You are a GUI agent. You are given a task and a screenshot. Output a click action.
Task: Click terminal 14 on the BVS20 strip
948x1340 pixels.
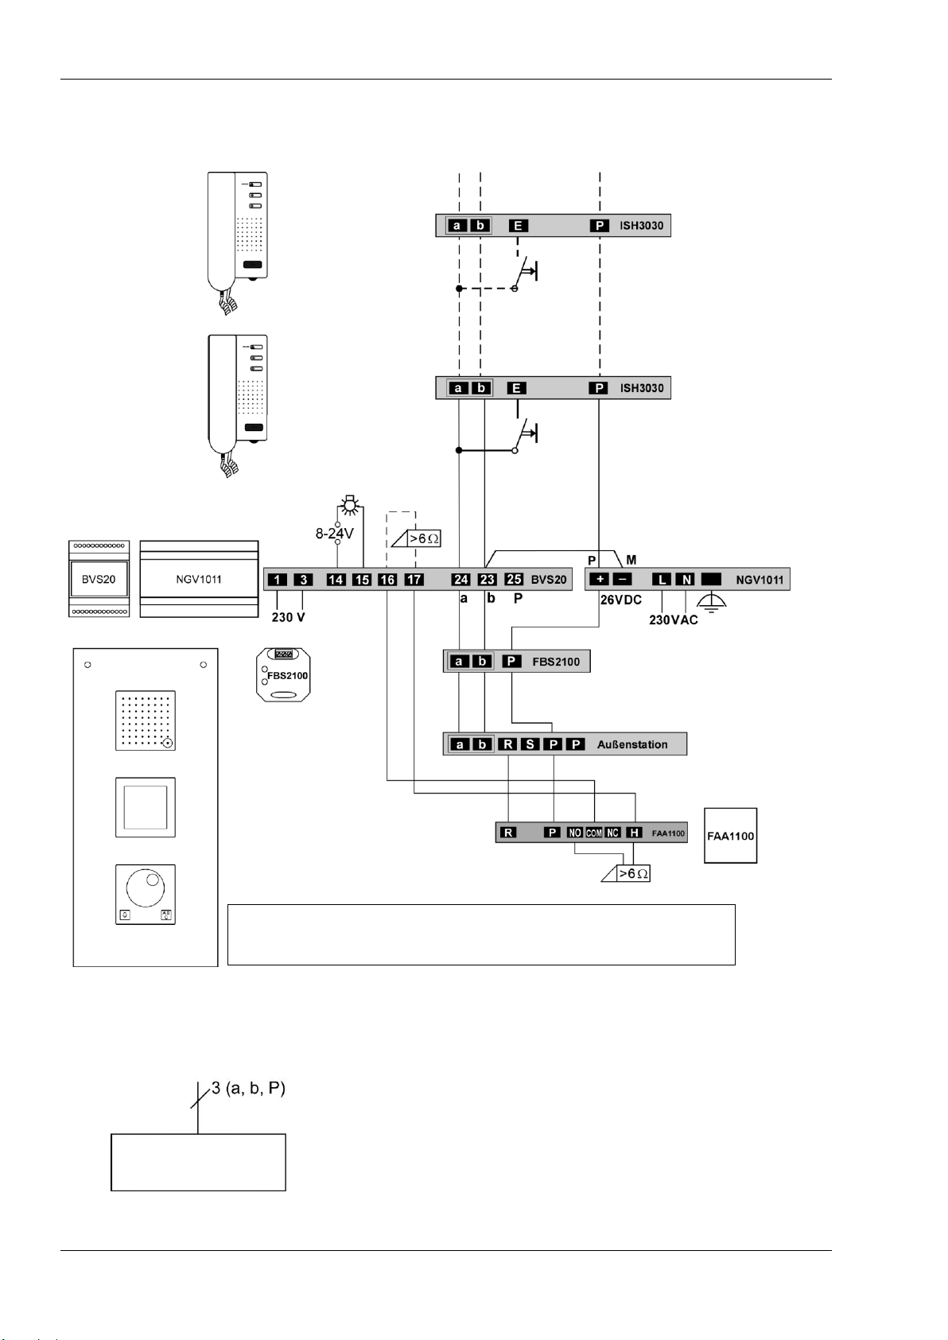[x=336, y=579]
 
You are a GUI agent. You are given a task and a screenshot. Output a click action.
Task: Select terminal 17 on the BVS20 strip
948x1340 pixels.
[x=414, y=579]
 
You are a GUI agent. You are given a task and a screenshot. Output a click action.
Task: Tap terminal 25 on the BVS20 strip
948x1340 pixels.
[x=514, y=579]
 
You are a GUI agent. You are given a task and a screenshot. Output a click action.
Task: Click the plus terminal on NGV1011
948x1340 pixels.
[x=600, y=579]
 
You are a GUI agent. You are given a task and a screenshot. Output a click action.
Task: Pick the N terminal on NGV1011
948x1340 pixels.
[x=685, y=579]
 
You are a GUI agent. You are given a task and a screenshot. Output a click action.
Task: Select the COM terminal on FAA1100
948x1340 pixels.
[x=594, y=833]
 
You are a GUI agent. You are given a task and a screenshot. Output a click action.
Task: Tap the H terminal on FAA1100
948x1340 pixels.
[x=634, y=833]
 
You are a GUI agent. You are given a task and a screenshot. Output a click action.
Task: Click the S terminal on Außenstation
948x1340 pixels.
[x=529, y=744]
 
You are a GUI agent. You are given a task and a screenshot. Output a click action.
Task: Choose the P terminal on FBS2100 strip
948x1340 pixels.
[x=512, y=661]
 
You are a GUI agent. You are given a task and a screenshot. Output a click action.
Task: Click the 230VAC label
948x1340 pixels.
[x=674, y=620]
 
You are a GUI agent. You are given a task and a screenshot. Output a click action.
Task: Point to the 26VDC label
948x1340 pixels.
[x=621, y=600]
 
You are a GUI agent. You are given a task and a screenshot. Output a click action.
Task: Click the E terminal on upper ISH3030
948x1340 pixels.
[x=518, y=226]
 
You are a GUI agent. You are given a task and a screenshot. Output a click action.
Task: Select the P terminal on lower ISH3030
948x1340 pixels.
[x=598, y=388]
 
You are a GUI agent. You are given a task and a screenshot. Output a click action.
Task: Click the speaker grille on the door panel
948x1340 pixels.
[x=146, y=720]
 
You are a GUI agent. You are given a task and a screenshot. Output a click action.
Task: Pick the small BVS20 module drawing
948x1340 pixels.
[x=99, y=578]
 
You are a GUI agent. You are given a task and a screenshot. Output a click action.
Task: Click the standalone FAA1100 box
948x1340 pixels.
[x=731, y=836]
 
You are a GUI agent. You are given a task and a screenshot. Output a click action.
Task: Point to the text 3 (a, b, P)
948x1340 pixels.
[x=247, y=1089]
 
